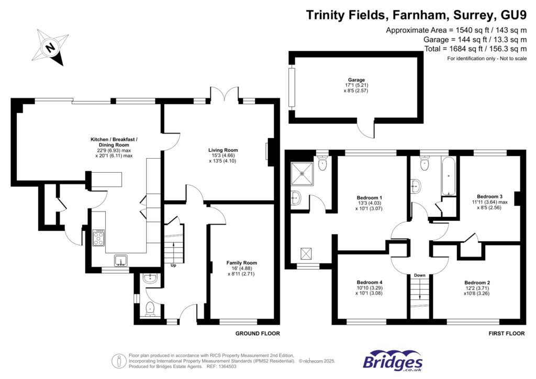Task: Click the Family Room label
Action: [x=241, y=263]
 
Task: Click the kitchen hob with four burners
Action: [x=99, y=238]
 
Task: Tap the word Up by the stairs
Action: [x=173, y=265]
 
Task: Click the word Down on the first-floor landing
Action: [x=420, y=275]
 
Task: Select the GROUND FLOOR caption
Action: [x=258, y=333]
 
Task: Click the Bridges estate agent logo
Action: [x=393, y=361]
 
